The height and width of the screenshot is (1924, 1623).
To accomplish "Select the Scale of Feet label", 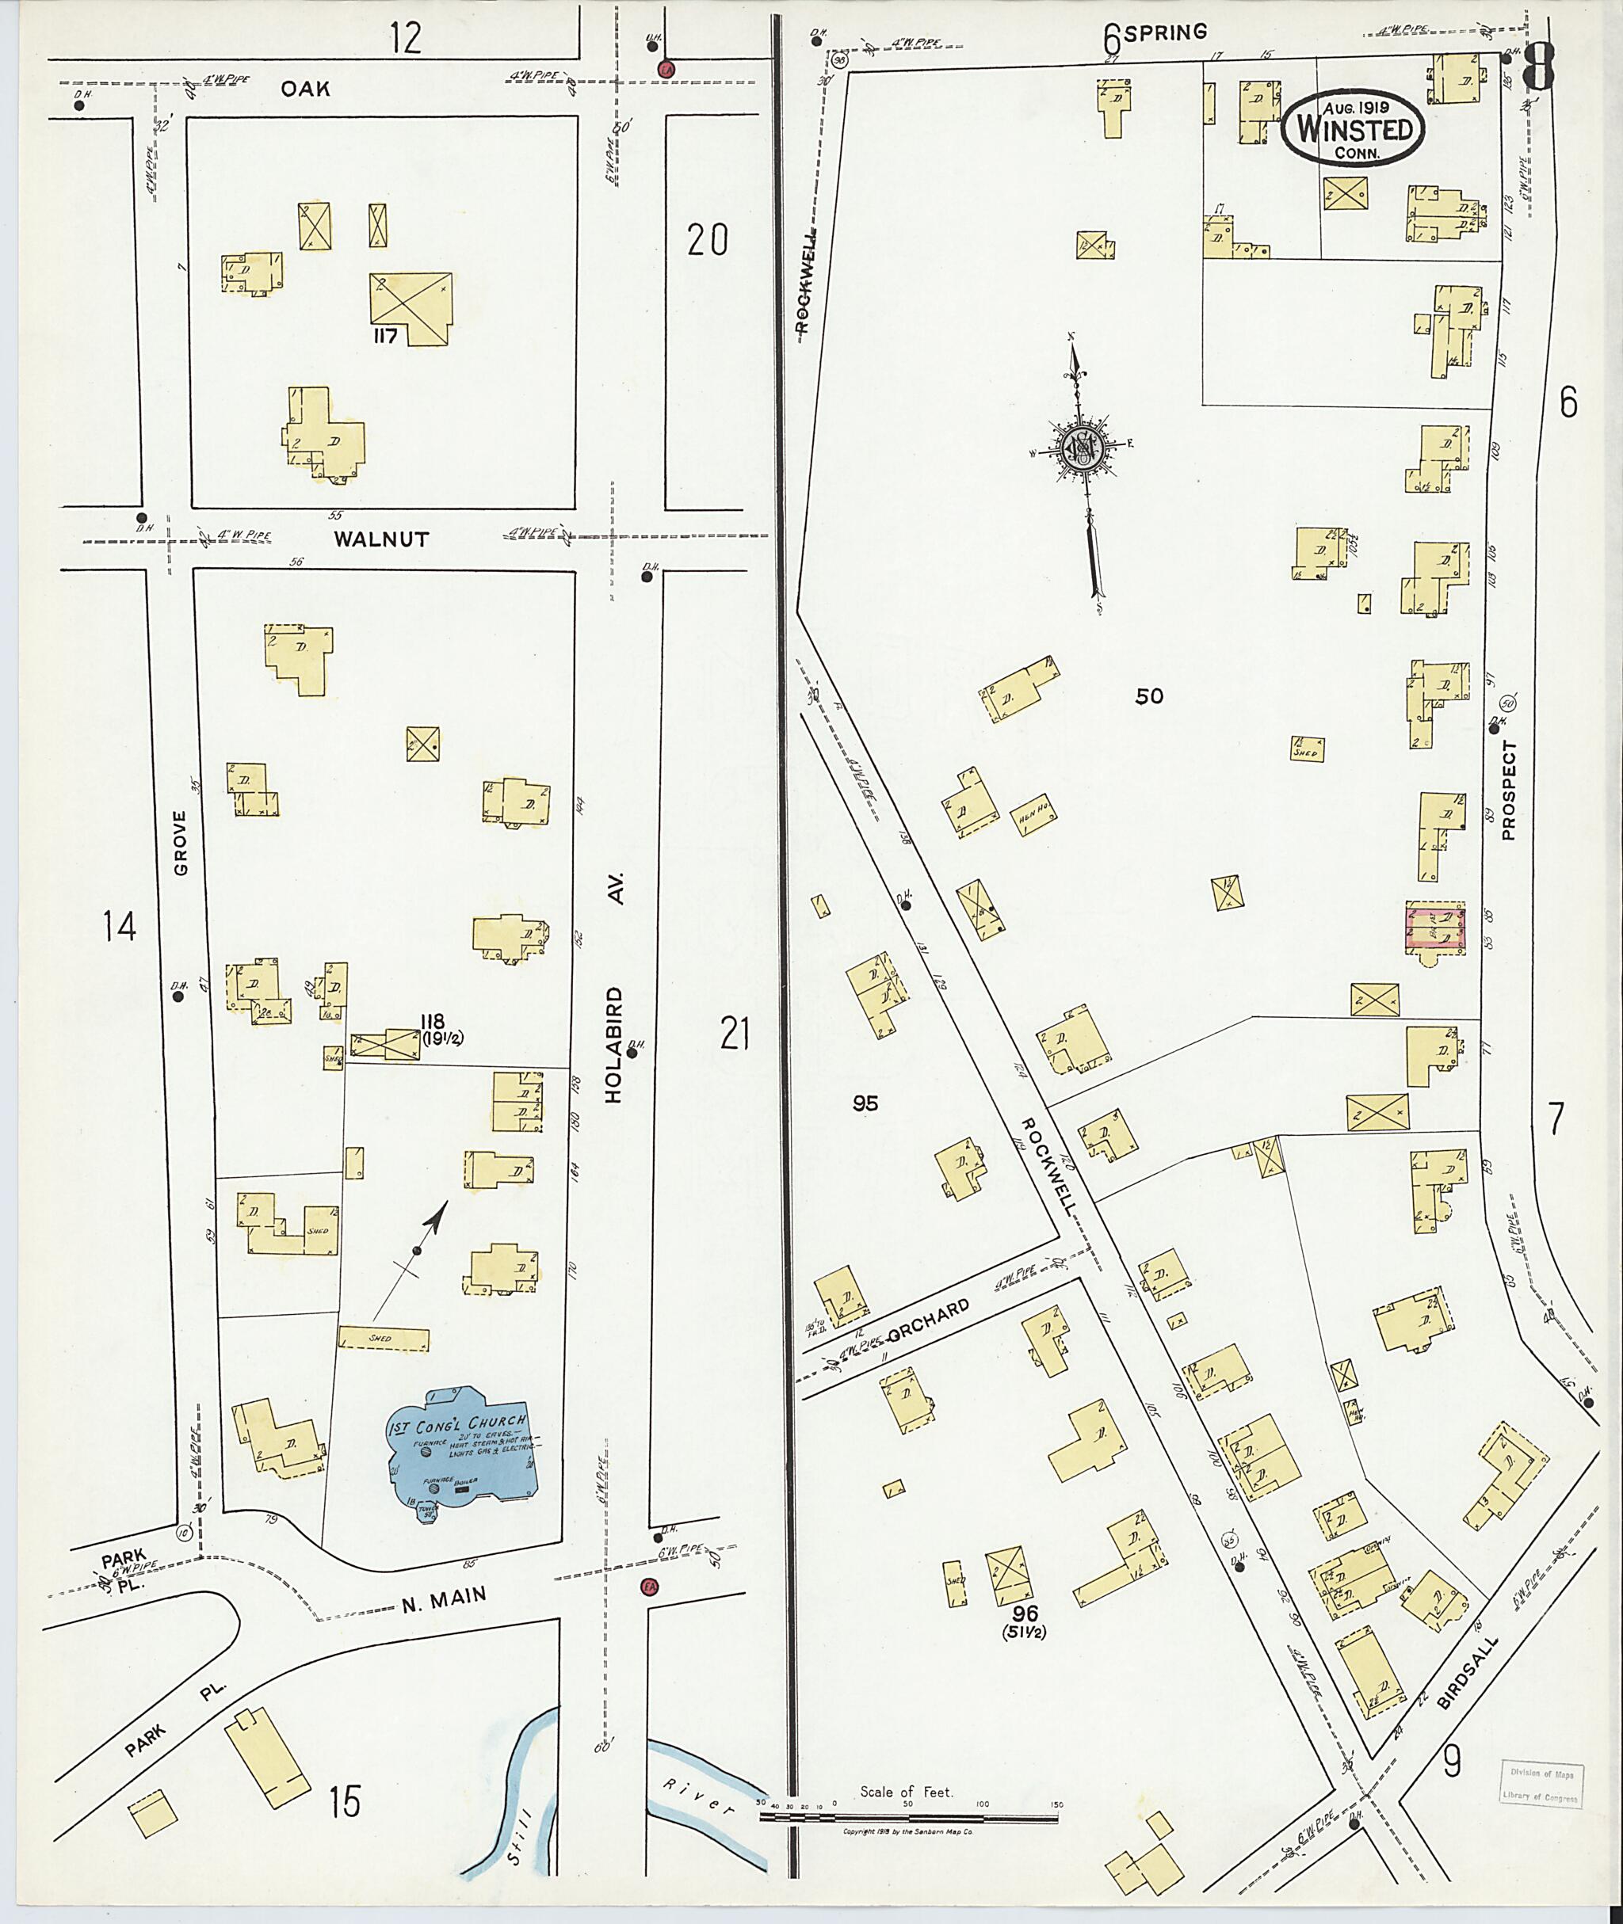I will tap(907, 1792).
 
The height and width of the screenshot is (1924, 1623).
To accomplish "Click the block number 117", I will tap(384, 337).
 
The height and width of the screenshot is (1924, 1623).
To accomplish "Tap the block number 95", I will tap(865, 1103).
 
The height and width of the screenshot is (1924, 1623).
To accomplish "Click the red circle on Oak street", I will tap(665, 69).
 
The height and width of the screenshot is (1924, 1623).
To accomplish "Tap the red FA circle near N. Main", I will tap(650, 1588).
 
